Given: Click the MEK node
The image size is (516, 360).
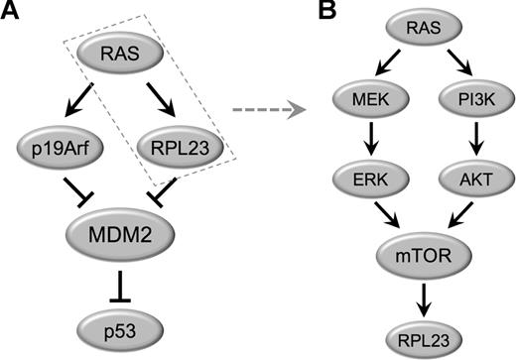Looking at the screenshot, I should (x=365, y=100).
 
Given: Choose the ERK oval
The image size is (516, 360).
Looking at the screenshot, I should (x=365, y=180).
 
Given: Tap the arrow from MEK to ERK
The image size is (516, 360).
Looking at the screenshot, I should (x=365, y=140).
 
